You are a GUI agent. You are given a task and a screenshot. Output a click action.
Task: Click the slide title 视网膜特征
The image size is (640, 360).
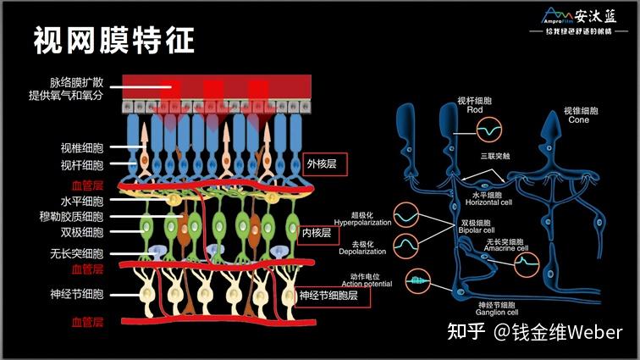coord(113,39)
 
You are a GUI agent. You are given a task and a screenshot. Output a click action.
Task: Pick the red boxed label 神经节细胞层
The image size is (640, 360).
coord(334,296)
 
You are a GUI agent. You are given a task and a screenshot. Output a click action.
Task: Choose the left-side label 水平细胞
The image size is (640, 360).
coord(82,202)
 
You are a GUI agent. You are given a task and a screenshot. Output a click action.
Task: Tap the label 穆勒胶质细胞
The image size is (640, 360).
coord(77,218)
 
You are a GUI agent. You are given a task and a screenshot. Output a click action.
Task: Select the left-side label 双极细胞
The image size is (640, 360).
coord(82,232)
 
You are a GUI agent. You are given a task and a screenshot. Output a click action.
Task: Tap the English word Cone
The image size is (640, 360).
coord(580,119)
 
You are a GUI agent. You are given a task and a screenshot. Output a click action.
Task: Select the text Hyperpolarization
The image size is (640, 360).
coord(362,222)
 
